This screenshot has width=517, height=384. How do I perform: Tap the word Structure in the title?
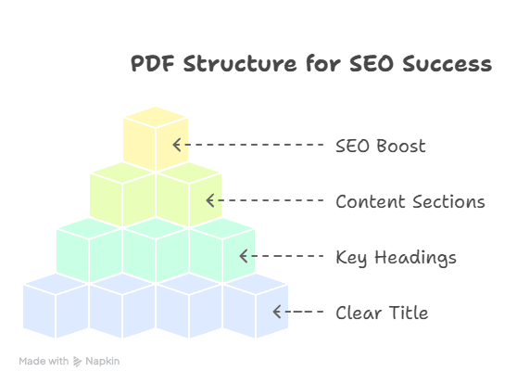(220, 64)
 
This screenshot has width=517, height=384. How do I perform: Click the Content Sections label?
(410, 201)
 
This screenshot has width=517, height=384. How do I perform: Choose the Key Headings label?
(396, 257)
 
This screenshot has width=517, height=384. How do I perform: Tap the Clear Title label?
(382, 313)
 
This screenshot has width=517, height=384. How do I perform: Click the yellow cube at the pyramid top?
(156, 139)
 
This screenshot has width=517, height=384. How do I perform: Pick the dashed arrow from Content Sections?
(264, 200)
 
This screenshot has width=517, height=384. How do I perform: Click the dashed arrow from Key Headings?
(281, 256)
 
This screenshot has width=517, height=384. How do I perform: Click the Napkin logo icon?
(77, 361)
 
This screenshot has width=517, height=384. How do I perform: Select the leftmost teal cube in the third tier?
(89, 252)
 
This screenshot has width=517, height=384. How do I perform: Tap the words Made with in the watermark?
(43, 361)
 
